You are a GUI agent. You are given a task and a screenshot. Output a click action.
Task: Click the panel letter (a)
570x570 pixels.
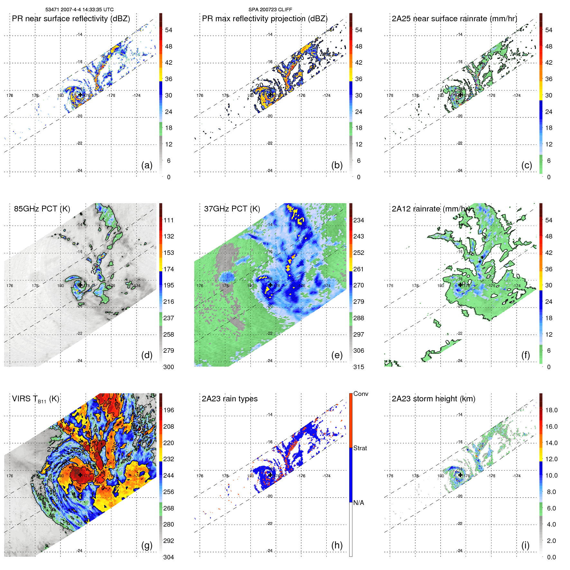(146, 165)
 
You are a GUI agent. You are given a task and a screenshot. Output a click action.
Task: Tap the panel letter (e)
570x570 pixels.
(337, 355)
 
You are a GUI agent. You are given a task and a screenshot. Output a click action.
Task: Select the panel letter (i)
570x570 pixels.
(525, 545)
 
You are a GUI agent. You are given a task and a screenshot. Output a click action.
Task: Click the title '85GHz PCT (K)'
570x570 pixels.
(42, 209)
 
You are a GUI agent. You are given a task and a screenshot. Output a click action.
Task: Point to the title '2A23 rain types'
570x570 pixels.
(229, 399)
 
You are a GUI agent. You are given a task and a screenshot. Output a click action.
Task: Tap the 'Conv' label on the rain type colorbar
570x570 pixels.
(360, 394)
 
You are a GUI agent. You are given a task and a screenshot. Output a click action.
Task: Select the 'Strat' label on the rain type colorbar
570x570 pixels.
(360, 448)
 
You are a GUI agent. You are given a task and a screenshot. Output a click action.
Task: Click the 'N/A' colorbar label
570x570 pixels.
(359, 503)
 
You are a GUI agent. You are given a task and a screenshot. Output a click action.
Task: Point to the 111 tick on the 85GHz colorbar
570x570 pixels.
(169, 220)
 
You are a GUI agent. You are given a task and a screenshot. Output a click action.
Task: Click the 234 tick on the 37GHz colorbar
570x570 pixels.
(359, 220)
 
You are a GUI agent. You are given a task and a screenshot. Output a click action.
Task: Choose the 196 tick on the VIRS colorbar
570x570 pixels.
(169, 410)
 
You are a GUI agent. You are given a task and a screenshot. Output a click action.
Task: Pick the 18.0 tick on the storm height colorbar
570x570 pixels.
(551, 410)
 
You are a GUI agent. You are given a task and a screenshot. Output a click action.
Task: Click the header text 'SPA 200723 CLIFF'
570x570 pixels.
(270, 10)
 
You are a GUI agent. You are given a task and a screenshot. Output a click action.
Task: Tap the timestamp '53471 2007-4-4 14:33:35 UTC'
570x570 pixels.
(79, 10)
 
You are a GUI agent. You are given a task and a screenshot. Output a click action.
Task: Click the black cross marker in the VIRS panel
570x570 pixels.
(80, 475)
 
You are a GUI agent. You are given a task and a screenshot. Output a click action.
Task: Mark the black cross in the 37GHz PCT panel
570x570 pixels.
(270, 285)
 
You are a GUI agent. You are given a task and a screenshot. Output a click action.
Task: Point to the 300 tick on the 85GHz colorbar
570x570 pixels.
(169, 367)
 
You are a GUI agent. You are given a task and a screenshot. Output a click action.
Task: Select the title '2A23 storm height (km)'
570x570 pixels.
(433, 399)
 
